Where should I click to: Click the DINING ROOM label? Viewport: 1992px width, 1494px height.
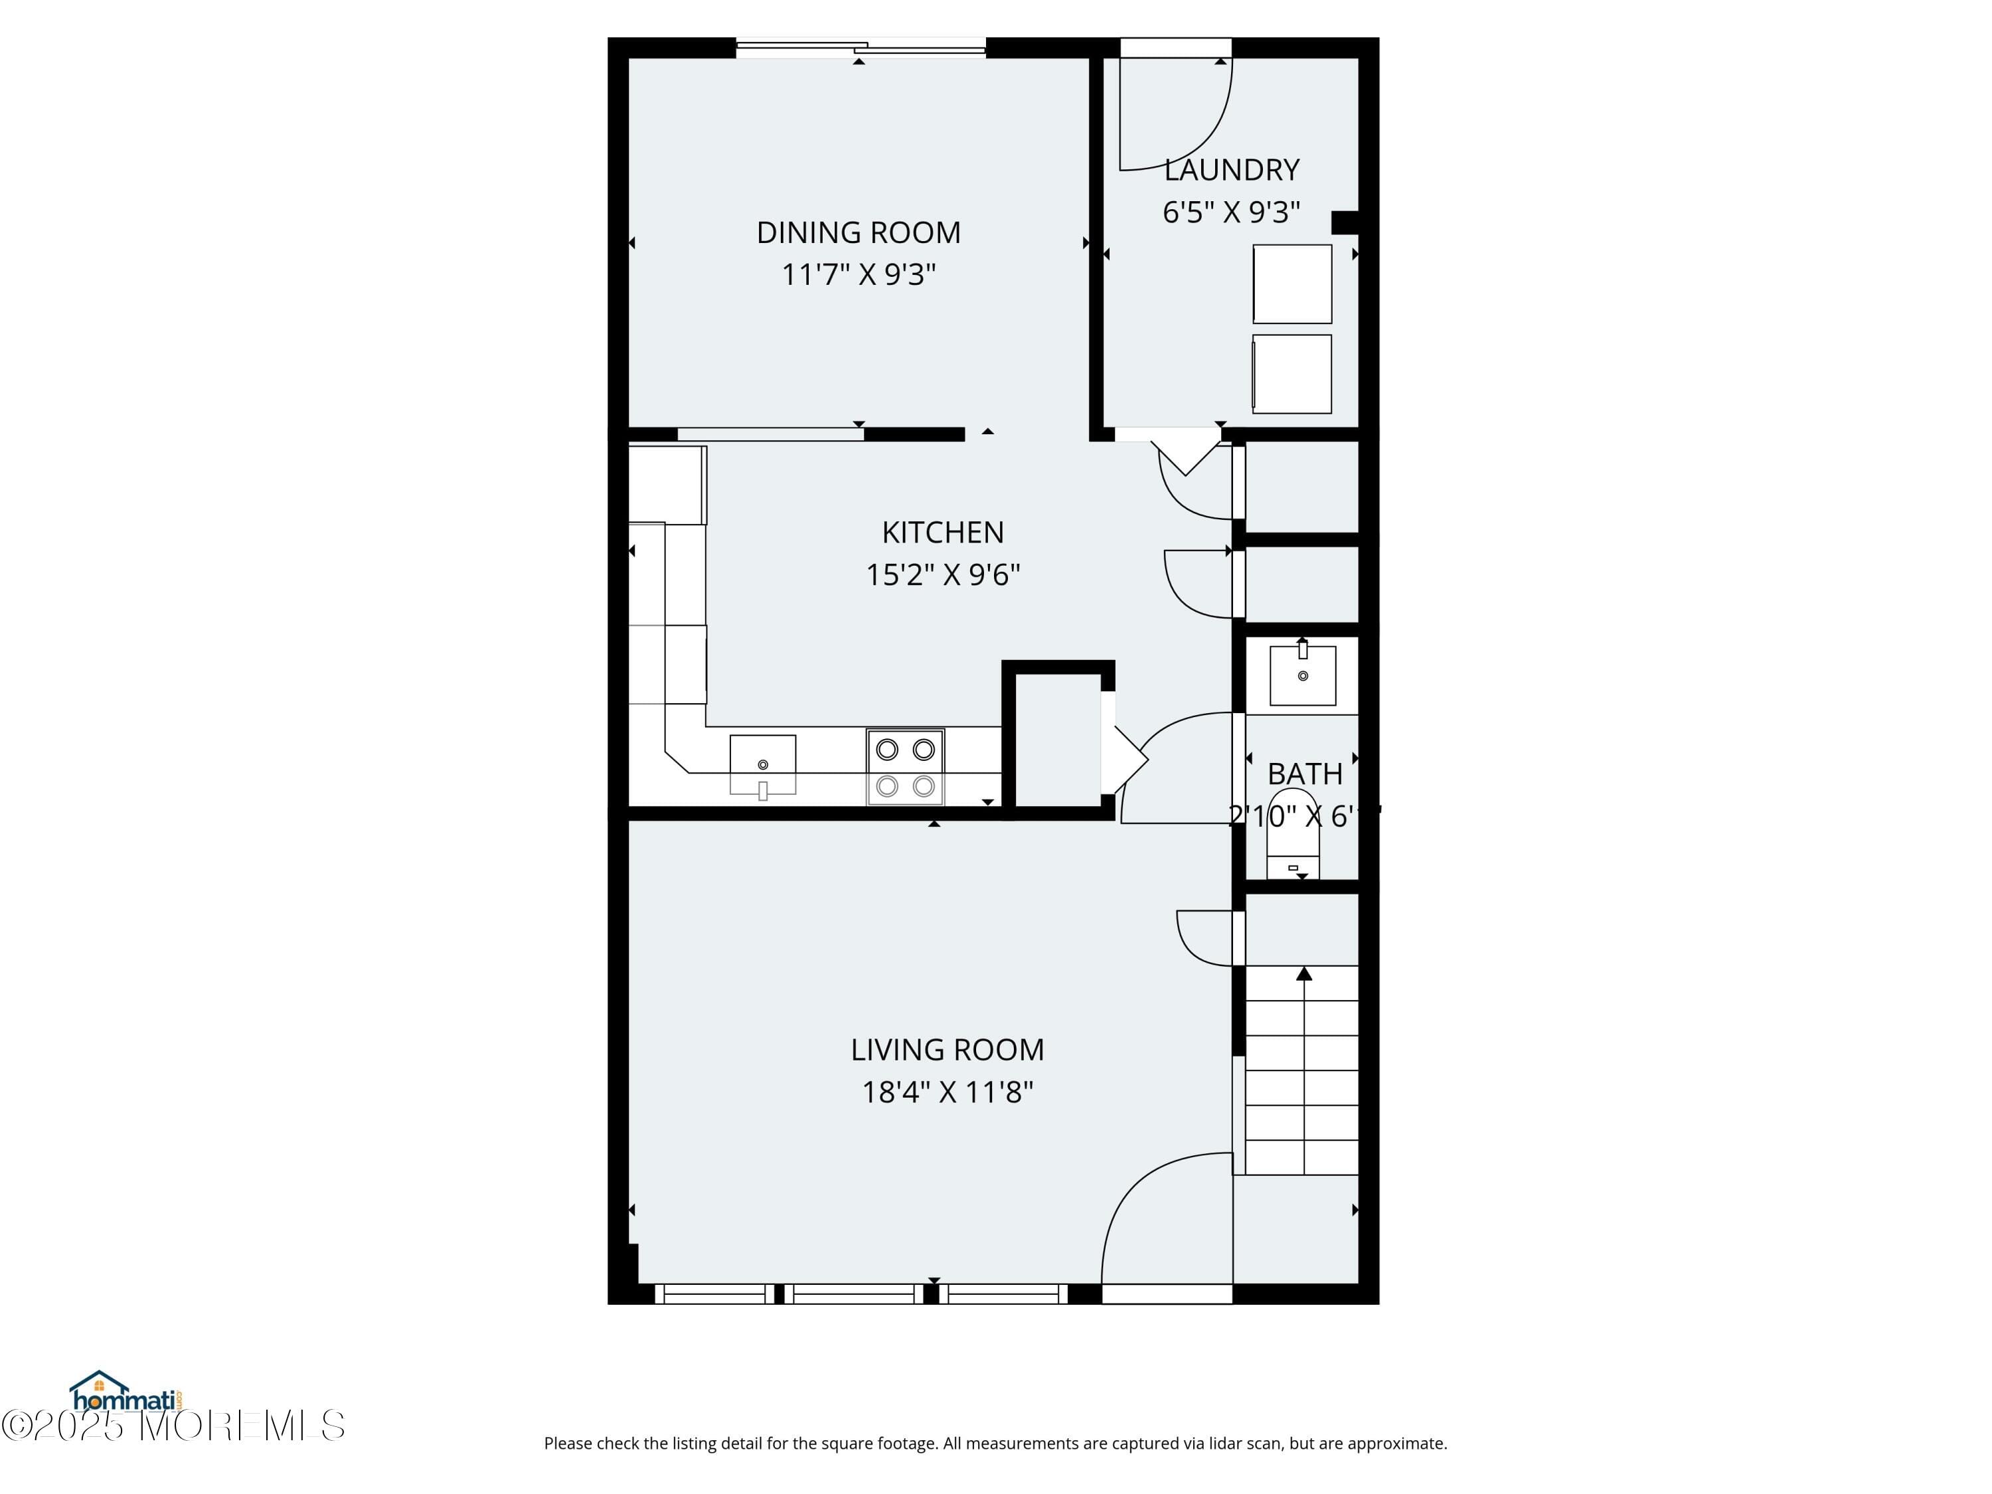858,232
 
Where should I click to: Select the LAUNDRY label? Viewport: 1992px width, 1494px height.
1231,170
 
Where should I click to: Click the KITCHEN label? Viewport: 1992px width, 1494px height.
942,533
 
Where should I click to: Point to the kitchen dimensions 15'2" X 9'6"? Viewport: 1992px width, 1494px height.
942,574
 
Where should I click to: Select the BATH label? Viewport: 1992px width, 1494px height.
1304,774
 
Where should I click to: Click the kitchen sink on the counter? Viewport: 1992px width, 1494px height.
762,764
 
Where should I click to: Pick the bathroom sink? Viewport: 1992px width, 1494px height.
1302,675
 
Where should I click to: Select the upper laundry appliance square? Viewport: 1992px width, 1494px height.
1291,284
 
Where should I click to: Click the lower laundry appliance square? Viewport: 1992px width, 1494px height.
1291,374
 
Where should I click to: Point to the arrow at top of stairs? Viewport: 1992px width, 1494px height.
1303,973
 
